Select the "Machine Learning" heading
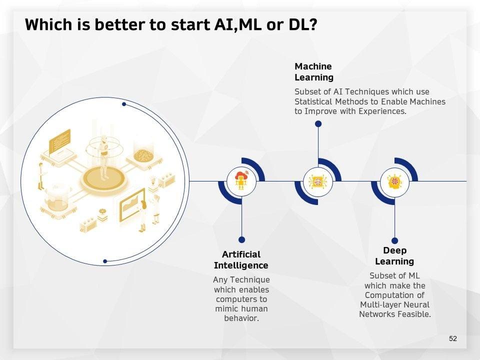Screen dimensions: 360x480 [x=314, y=72]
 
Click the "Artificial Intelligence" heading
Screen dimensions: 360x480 [x=241, y=260]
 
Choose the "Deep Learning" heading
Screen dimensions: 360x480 [x=394, y=256]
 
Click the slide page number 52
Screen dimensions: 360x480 [x=453, y=338]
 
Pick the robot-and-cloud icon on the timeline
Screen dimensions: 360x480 [x=241, y=181]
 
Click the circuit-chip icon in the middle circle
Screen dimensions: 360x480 [x=318, y=181]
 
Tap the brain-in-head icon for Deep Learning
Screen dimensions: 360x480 [x=394, y=181]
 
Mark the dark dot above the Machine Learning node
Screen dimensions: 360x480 [x=318, y=124]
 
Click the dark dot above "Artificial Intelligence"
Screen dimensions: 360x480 [x=242, y=239]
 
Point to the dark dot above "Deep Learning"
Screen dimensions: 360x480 [x=394, y=240]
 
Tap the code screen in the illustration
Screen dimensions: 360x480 [x=59, y=141]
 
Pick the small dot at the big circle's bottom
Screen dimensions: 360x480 [x=105, y=261]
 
